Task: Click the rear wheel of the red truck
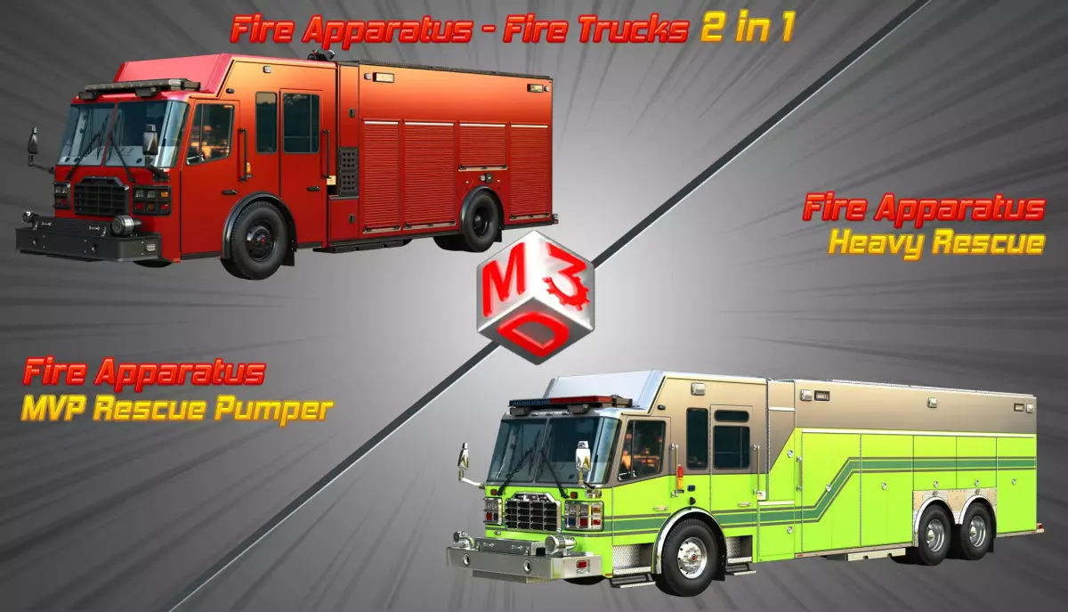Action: [x=478, y=221]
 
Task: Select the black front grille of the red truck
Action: [x=101, y=197]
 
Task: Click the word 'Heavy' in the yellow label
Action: [x=878, y=243]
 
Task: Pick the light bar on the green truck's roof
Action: [x=570, y=402]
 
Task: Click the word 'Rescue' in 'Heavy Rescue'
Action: [x=987, y=242]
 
